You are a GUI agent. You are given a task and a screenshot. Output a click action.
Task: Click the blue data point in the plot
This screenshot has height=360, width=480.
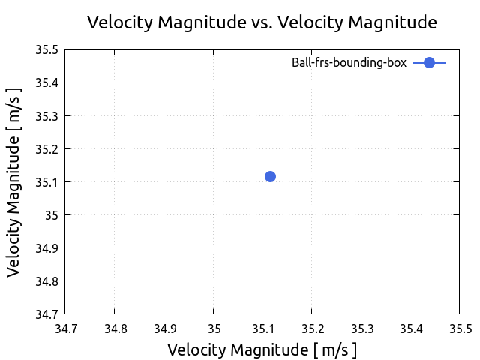pyautogui.click(x=270, y=176)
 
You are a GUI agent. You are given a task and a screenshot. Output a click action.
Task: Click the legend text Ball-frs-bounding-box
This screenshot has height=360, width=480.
pyautogui.click(x=349, y=63)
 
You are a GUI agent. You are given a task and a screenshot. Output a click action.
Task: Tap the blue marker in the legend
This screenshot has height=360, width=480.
pyautogui.click(x=429, y=63)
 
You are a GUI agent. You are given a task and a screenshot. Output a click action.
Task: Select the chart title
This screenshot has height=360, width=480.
pyautogui.click(x=262, y=22)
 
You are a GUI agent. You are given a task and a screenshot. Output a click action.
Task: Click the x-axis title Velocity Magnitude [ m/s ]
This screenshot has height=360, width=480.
pyautogui.click(x=262, y=349)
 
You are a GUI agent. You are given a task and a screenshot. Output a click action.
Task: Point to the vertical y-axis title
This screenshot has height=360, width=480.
pyautogui.click(x=14, y=181)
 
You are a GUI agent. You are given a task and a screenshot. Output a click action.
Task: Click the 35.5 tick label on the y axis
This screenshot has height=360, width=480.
pyautogui.click(x=46, y=50)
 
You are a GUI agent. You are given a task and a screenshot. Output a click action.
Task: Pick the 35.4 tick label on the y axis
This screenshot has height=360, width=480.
pyautogui.click(x=46, y=83)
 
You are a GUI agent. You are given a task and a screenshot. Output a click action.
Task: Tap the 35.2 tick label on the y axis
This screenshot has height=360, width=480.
pyautogui.click(x=46, y=149)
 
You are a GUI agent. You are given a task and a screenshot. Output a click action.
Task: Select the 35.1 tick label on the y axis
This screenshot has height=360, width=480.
pyautogui.click(x=46, y=182)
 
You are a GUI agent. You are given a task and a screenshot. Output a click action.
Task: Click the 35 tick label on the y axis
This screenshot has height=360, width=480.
pyautogui.click(x=52, y=215)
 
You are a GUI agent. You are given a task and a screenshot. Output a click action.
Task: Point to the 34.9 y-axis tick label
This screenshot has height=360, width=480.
pyautogui.click(x=46, y=248)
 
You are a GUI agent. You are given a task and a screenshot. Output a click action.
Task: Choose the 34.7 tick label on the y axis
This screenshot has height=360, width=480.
pyautogui.click(x=46, y=313)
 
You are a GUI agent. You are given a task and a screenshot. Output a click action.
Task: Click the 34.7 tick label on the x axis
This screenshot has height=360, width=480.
pyautogui.click(x=65, y=328)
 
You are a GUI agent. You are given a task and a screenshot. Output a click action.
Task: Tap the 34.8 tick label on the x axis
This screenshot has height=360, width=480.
pyautogui.click(x=114, y=328)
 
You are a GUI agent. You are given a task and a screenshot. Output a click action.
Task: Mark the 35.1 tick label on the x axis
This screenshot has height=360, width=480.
pyautogui.click(x=262, y=328)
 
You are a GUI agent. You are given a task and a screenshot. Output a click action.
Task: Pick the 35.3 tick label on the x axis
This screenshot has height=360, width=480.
pyautogui.click(x=361, y=328)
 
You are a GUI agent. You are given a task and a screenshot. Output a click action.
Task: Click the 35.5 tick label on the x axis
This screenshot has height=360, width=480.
pyautogui.click(x=459, y=328)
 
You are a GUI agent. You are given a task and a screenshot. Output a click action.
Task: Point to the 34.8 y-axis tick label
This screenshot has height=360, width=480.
pyautogui.click(x=46, y=281)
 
